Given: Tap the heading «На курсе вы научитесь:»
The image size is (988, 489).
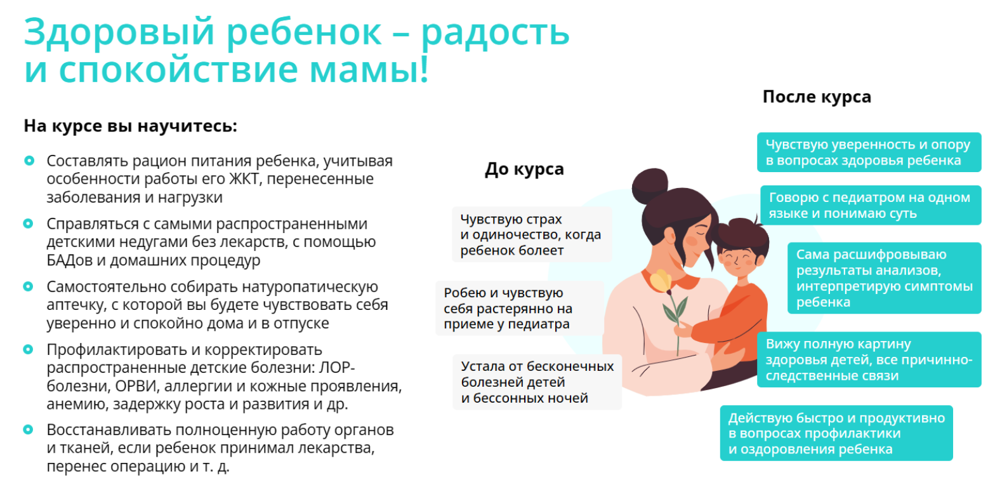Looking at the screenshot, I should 130,125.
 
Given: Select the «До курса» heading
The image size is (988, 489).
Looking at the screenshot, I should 524,170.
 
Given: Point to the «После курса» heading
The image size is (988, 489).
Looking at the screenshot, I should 817,97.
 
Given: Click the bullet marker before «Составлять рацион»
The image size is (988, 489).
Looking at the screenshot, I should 29,161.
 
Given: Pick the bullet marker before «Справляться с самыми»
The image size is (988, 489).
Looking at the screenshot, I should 29,224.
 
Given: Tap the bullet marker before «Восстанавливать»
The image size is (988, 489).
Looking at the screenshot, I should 29,430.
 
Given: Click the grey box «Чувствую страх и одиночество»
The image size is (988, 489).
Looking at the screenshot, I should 532,234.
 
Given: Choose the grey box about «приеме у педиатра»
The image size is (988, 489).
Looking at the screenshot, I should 502,309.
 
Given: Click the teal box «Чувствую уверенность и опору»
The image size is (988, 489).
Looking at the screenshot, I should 868,152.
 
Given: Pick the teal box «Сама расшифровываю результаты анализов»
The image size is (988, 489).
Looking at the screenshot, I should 884,278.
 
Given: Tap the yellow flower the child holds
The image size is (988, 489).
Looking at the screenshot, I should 662,280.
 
